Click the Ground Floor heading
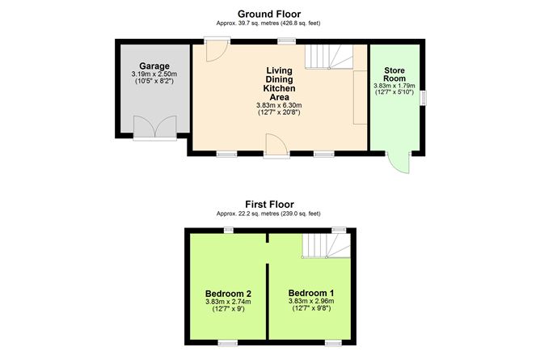pos(269,14)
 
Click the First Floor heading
pos(269,205)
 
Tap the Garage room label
pos(154,66)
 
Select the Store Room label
pos(394,74)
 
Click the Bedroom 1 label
pos(311,293)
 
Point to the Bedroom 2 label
pos(228,294)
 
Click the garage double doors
pos(155,128)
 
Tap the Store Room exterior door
pos(399,162)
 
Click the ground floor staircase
pos(329,57)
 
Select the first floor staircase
pos(326,246)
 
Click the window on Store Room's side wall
pos(423,98)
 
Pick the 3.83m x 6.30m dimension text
pos(279,105)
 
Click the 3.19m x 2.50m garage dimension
pos(154,74)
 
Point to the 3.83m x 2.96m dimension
pos(311,301)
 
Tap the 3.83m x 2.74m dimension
pos(228,302)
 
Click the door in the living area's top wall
pos(217,49)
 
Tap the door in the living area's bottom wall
pos(276,146)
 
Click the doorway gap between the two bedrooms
pos(268,253)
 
